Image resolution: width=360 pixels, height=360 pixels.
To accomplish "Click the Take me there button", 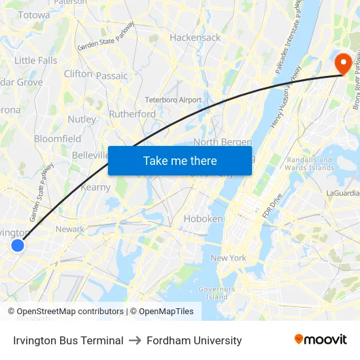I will (180, 160).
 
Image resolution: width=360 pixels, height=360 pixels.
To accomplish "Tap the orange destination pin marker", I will (342, 63).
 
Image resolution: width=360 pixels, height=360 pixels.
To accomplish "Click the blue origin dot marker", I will (18, 245).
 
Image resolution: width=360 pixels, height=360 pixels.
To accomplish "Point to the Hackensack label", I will (195, 37).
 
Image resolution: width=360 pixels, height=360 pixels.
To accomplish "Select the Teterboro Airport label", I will (173, 99).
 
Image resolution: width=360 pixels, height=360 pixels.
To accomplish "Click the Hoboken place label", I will (203, 219).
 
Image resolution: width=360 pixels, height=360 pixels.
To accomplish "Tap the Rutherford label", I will (132, 114).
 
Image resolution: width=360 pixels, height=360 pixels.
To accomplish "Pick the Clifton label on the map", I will (78, 74).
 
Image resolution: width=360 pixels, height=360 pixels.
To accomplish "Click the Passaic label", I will (112, 76).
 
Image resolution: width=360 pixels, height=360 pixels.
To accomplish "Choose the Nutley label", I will (81, 119).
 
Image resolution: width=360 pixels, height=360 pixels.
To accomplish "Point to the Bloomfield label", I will (58, 139).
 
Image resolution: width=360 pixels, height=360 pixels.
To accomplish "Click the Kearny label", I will (95, 187).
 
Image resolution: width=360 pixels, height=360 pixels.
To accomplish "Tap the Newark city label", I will (70, 229).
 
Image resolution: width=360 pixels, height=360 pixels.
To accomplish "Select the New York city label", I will (228, 258).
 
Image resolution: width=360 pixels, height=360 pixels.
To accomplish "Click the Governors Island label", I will (217, 293).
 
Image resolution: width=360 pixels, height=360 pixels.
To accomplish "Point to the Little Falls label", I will (36, 60).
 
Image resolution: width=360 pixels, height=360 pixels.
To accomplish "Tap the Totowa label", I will (34, 14).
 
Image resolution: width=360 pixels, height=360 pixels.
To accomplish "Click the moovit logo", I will (320, 340).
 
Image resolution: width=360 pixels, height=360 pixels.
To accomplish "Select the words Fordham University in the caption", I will (194, 340).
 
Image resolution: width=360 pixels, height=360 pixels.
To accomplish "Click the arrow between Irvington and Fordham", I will (135, 340).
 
